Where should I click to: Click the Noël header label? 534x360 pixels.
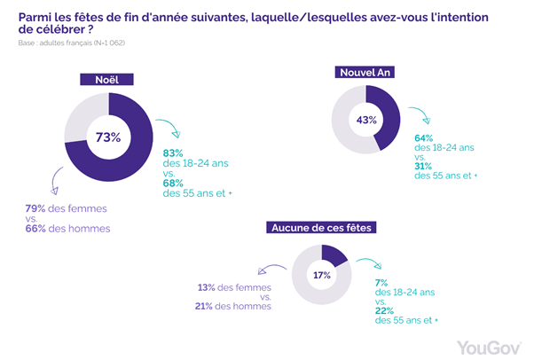[107, 80]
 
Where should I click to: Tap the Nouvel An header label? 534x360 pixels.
[366, 72]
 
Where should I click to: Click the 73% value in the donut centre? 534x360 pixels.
[107, 137]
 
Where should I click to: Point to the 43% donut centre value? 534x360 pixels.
[366, 119]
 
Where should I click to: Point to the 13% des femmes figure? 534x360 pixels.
[206, 286]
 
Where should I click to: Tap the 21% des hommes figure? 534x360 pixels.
[206, 307]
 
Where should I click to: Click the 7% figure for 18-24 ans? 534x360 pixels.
[381, 282]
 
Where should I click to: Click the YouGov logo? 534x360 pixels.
[488, 345]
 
